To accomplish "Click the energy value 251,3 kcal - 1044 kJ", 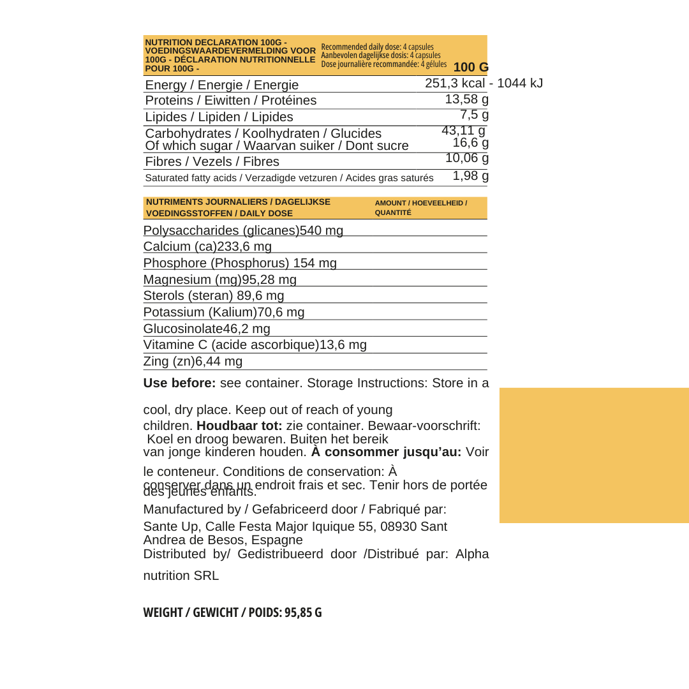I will tap(484, 84).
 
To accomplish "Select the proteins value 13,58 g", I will tap(466, 100).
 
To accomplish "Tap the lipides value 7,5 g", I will tap(474, 115).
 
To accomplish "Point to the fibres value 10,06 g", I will tap(466, 159).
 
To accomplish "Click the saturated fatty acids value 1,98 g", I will tap(470, 176).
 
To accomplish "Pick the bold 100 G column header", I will tap(471, 68).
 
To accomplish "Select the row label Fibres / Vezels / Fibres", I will tap(212, 161).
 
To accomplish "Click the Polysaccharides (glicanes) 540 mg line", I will tap(243, 230).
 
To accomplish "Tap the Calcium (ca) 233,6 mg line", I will tap(207, 247).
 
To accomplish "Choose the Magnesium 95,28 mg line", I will tap(219, 280).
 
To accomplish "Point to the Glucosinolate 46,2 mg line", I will tap(207, 329).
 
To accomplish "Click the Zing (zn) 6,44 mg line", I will tap(193, 362).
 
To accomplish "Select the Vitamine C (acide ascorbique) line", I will tap(255, 345).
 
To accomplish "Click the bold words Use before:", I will tap(179, 383).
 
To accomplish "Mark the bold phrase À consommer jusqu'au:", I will tap(386, 452).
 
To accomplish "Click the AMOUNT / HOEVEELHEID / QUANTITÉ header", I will tap(420, 208).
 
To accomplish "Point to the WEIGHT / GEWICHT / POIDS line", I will tap(232, 612).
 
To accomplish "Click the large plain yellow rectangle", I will tap(594, 456).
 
